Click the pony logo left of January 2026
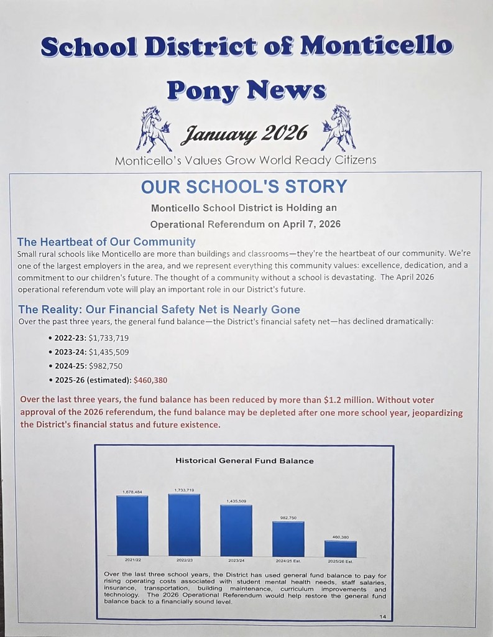pyautogui.click(x=153, y=129)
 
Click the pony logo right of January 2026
pyautogui.click(x=338, y=128)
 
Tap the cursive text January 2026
pyautogui.click(x=244, y=133)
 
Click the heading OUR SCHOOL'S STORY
pyautogui.click(x=244, y=187)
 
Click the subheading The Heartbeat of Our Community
pyautogui.click(x=106, y=241)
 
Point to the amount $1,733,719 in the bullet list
pyautogui.click(x=109, y=338)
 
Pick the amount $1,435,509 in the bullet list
pyautogui.click(x=109, y=351)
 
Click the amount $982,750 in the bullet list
pyautogui.click(x=105, y=366)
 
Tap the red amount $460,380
pyautogui.click(x=150, y=380)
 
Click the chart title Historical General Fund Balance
pyautogui.click(x=244, y=461)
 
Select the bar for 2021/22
pyautogui.click(x=132, y=526)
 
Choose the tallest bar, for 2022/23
pyautogui.click(x=184, y=524)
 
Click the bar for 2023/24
pyautogui.click(x=236, y=530)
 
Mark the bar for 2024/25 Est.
pyautogui.click(x=288, y=539)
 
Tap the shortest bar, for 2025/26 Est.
pyautogui.click(x=341, y=549)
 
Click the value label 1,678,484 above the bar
pyautogui.click(x=132, y=492)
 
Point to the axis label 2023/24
pyautogui.click(x=236, y=560)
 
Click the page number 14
pyautogui.click(x=382, y=616)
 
